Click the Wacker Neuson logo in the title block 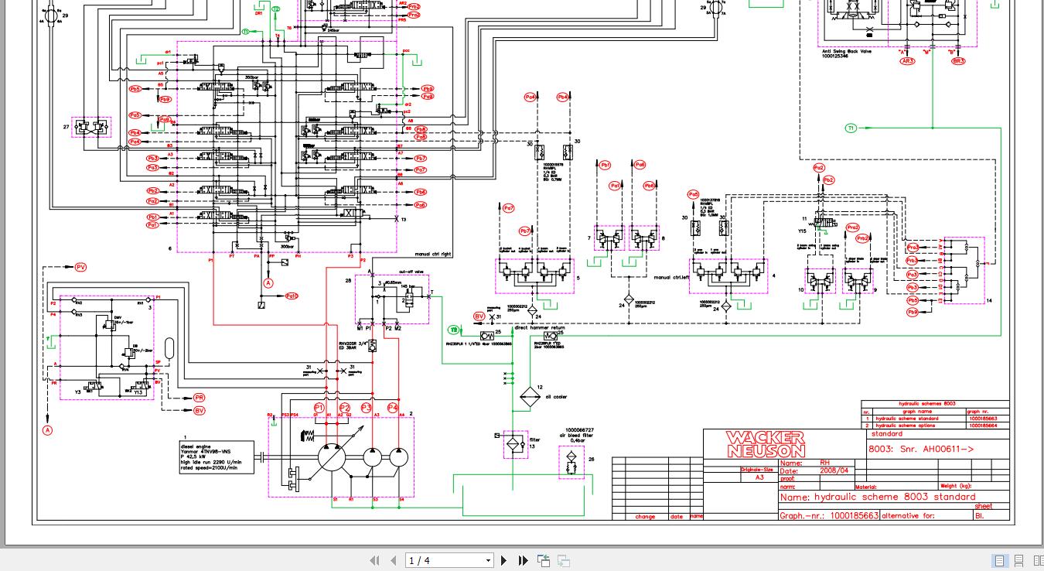pos(765,444)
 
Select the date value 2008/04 pos(834,470)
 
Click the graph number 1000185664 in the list pos(982,426)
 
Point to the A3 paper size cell pos(758,478)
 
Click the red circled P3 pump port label pos(367,408)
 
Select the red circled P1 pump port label pos(319,408)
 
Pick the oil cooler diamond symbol pos(530,397)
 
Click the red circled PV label pos(80,267)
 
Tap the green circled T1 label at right pos(851,128)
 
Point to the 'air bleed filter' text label pos(578,436)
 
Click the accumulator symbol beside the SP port pos(170,349)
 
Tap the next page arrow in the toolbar pos(504,560)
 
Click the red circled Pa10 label pos(292,296)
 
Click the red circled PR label pos(199,398)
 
